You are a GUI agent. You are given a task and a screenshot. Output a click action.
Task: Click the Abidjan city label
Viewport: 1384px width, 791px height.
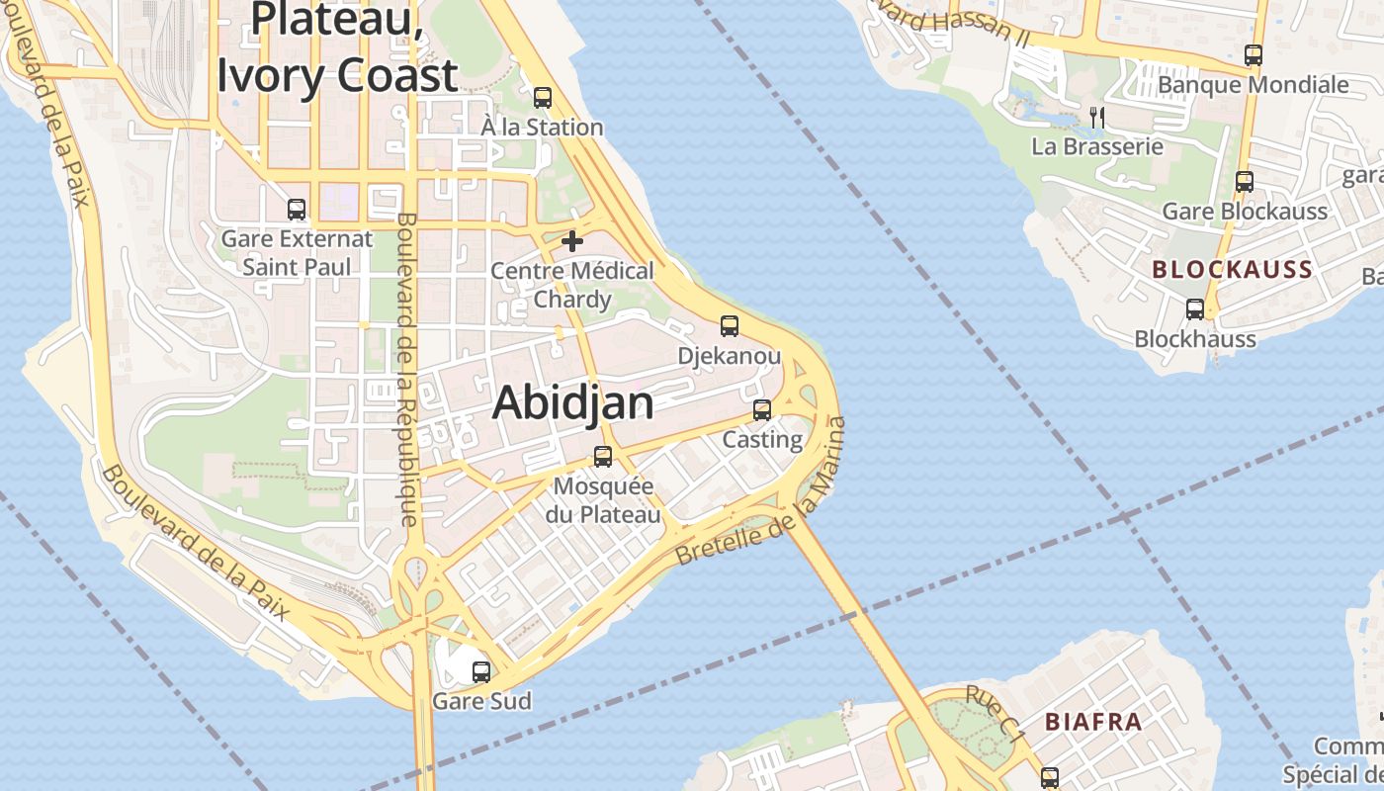(x=573, y=402)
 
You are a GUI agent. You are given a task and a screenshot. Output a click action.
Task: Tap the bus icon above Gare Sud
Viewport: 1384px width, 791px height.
(x=481, y=672)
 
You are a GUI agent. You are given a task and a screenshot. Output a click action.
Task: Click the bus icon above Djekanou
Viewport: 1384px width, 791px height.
(x=730, y=326)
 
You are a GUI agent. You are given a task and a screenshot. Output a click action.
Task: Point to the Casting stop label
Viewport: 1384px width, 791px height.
(x=762, y=439)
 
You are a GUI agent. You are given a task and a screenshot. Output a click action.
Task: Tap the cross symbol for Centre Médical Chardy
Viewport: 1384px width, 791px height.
(x=572, y=240)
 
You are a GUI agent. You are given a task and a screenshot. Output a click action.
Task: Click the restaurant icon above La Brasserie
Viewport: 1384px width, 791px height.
(x=1096, y=117)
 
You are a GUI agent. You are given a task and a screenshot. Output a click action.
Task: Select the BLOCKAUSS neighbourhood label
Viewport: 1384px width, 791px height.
(x=1232, y=269)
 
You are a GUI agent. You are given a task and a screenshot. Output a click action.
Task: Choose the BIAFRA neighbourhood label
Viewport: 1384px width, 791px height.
(x=1093, y=722)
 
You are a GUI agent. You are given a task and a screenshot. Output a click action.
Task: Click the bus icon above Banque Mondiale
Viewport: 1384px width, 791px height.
(x=1254, y=55)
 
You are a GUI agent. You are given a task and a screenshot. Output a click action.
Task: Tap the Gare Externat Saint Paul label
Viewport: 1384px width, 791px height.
(x=297, y=252)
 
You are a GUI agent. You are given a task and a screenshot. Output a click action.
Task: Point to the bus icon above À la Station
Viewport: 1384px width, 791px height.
(x=543, y=97)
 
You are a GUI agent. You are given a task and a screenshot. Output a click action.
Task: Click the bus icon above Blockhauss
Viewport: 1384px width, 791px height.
(x=1195, y=309)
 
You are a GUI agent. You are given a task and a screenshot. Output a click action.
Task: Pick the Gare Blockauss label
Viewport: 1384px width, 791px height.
(x=1244, y=212)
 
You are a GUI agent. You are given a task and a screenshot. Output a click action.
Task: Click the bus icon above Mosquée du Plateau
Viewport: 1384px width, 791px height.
(x=603, y=457)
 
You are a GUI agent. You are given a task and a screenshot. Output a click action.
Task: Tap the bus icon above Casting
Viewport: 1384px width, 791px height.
(x=762, y=410)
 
